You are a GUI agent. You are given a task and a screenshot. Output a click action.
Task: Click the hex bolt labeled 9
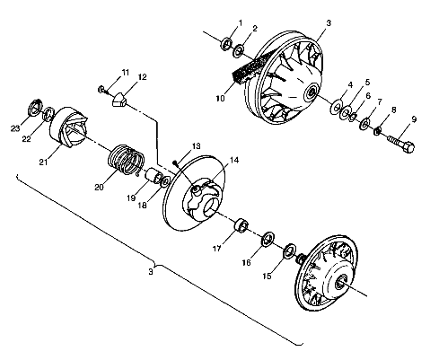point(401,144)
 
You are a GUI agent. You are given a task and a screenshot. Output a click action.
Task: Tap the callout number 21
point(43,162)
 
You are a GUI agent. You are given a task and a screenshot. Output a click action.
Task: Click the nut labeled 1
point(226,43)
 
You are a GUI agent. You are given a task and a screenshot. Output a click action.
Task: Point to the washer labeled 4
point(337,107)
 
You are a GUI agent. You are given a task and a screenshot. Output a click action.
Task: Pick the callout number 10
point(220,98)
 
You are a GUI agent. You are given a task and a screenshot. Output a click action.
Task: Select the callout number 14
point(234,160)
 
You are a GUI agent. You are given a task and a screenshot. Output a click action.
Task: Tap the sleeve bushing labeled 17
point(241,226)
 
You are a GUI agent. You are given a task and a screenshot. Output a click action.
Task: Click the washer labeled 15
point(290,251)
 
